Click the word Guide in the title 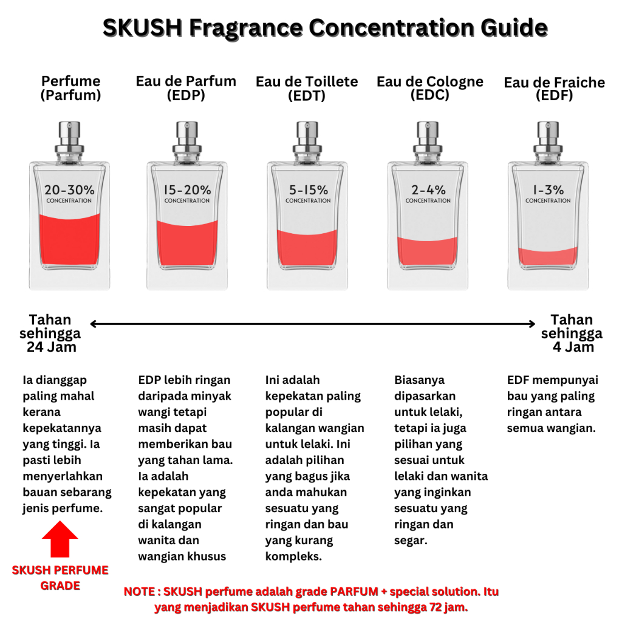click(514, 28)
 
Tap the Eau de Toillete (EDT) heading click(307, 89)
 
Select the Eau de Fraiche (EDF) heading click(554, 89)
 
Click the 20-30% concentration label click(69, 193)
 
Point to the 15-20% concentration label click(187, 193)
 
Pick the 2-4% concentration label click(428, 193)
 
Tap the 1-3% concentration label click(549, 193)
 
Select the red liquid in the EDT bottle click(307, 247)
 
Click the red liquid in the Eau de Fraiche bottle click(549, 256)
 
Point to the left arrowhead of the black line click(94, 324)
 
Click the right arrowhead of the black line click(532, 324)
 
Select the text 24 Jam click(51, 347)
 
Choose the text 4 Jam click(573, 347)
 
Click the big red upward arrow click(60, 539)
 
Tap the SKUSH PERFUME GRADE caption click(60, 578)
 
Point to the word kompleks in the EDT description click(293, 556)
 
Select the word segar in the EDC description click(411, 541)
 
